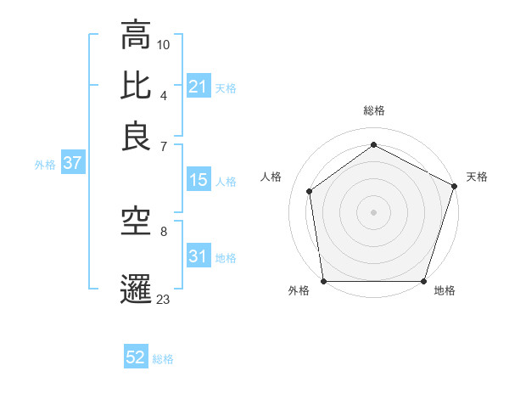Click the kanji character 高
click(x=136, y=37)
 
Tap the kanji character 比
click(x=136, y=85)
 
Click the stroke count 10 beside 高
click(x=164, y=43)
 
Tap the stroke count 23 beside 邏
click(x=164, y=298)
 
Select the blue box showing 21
click(x=198, y=87)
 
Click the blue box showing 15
click(x=198, y=180)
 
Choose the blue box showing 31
click(x=198, y=256)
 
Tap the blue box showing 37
click(x=72, y=164)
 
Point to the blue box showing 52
click(x=136, y=358)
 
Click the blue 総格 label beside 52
click(x=163, y=359)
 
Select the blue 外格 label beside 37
click(x=45, y=165)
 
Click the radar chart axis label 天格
click(x=477, y=177)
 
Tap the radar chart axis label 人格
click(x=271, y=177)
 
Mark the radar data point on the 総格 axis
click(x=373, y=145)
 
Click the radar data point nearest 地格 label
click(x=424, y=281)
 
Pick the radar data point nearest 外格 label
click(x=323, y=281)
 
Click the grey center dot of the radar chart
click(x=373, y=211)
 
